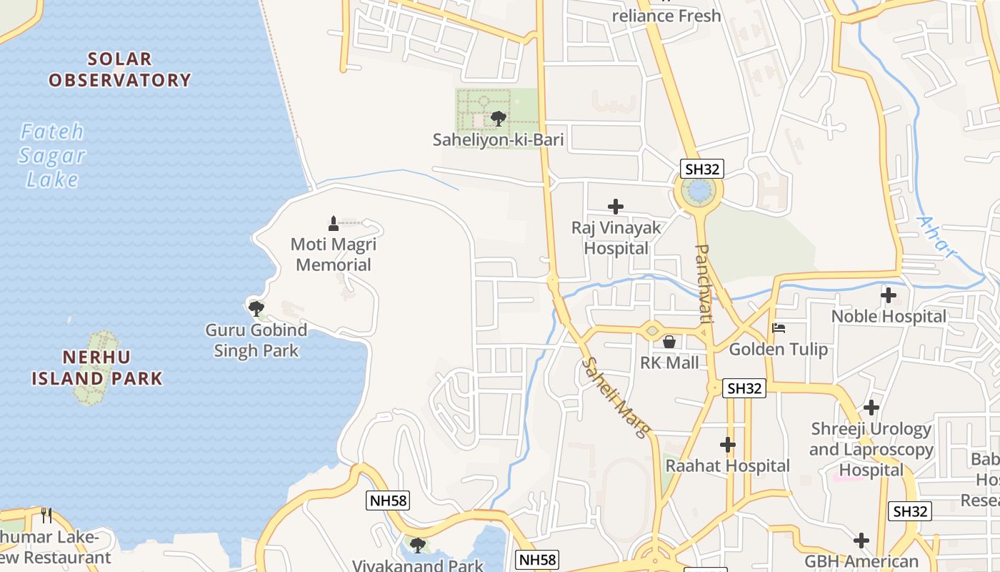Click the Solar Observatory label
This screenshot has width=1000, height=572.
pos(119,69)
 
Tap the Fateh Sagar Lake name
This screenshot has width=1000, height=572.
pos(52,155)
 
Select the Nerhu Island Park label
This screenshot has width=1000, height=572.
pos(97,368)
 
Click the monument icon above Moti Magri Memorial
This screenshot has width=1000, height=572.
pos(333,223)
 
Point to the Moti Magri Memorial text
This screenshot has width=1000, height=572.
pos(334,255)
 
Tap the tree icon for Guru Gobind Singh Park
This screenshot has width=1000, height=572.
pos(256,309)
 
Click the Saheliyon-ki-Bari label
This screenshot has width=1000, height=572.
pos(498,140)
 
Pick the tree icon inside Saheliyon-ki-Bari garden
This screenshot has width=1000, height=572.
pos(499,118)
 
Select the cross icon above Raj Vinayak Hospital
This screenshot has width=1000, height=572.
pos(615,207)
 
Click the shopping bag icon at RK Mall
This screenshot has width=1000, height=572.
pos(669,342)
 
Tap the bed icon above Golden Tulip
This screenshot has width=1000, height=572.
pos(779,328)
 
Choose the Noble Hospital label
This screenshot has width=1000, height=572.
pos(889,316)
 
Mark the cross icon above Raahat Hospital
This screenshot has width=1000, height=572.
pos(728,445)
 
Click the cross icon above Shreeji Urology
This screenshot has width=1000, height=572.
pos(871,408)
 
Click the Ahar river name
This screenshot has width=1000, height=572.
pos(936,239)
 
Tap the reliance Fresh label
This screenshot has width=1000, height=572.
pos(666,16)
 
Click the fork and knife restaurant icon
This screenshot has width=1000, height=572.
pos(46,515)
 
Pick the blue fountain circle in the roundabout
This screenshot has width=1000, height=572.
pos(698,191)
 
